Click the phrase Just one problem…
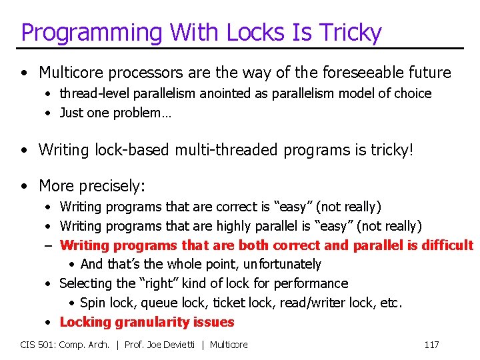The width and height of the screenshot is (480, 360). click(x=115, y=113)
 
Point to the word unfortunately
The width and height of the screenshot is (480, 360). click(x=282, y=265)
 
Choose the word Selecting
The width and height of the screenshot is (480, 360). click(x=86, y=283)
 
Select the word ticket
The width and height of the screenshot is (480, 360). click(x=229, y=303)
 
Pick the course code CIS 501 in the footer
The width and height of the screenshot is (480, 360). click(x=37, y=345)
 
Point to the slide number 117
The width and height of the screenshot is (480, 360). click(x=431, y=345)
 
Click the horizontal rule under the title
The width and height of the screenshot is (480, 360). click(x=240, y=48)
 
